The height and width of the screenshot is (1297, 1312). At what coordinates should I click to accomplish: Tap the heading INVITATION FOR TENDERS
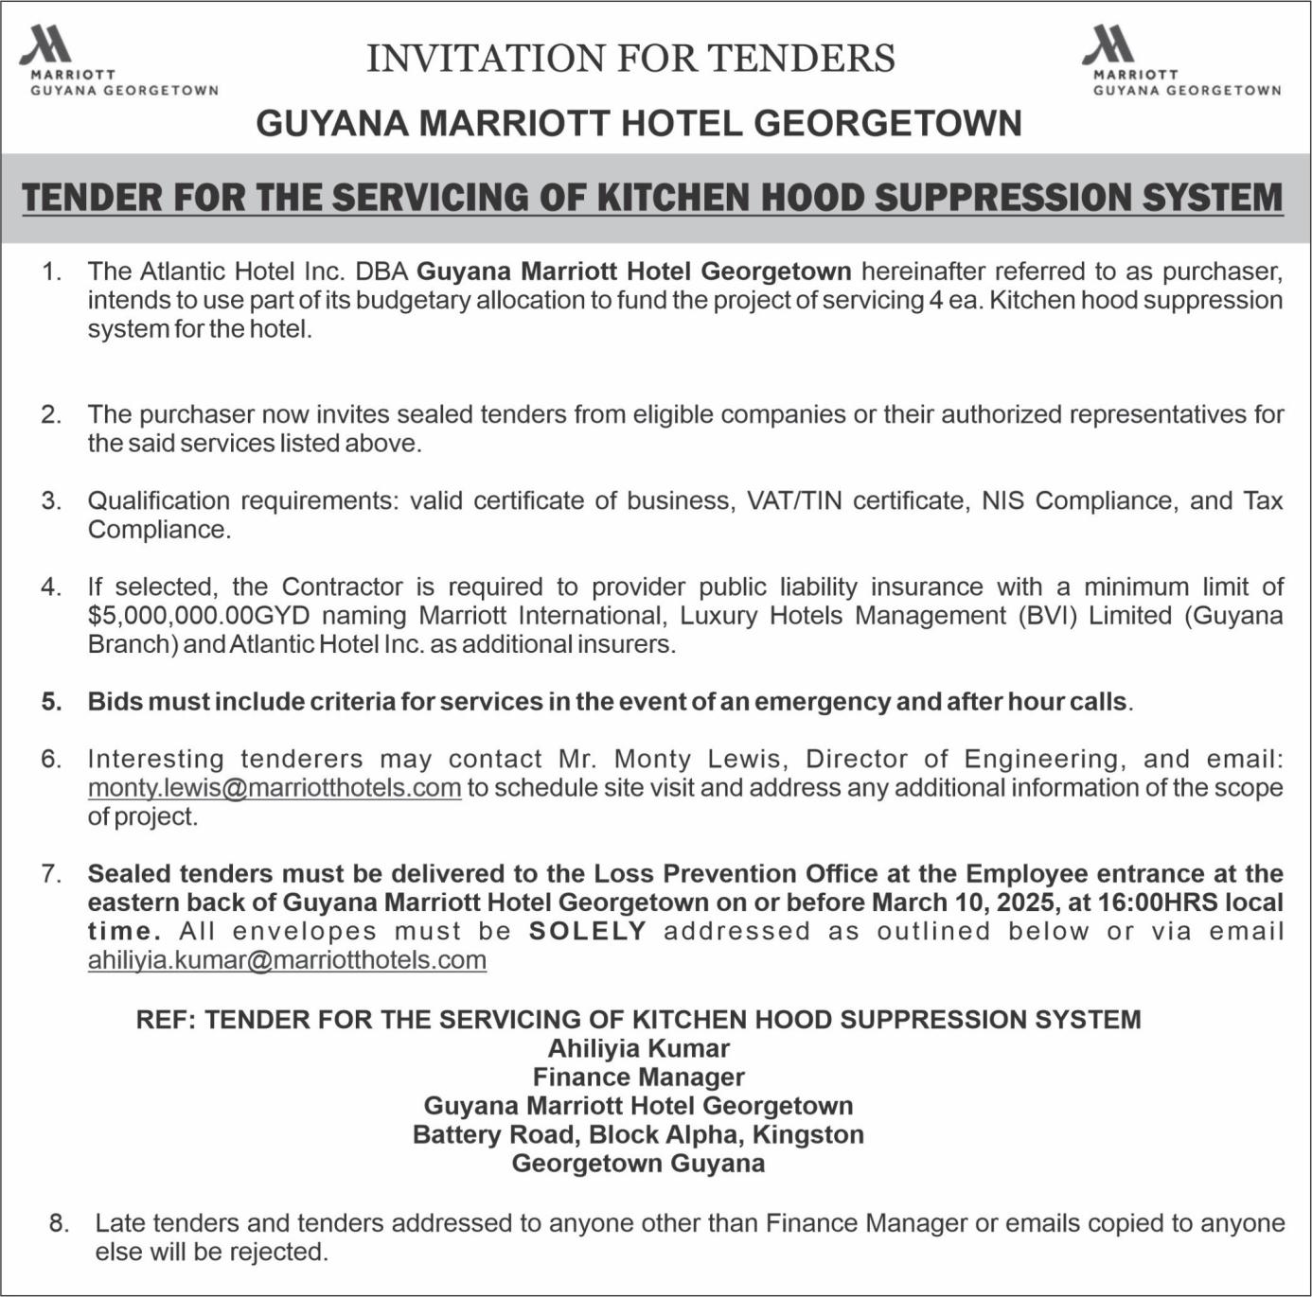[x=630, y=59]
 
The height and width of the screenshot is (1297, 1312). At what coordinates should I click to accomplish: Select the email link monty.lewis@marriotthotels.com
[x=275, y=788]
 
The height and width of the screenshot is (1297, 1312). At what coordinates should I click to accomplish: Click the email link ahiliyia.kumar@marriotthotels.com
[x=287, y=960]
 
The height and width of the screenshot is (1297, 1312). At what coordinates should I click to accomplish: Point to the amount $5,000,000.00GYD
[x=199, y=616]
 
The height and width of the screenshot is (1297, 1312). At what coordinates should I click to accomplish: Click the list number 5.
[x=51, y=702]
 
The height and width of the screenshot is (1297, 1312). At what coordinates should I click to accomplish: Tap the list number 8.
[x=59, y=1223]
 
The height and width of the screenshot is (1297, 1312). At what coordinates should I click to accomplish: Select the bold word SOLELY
[x=588, y=931]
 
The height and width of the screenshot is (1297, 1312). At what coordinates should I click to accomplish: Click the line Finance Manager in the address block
[x=638, y=1078]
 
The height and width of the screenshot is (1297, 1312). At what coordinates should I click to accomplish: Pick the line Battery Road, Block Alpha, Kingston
[x=638, y=1134]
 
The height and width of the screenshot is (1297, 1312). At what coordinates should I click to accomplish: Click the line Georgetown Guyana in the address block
[x=638, y=1163]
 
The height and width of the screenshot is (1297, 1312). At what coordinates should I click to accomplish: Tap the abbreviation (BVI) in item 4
[x=1048, y=616]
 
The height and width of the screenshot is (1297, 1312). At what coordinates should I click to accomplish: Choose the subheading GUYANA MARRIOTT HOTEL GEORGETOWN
[x=639, y=124]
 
